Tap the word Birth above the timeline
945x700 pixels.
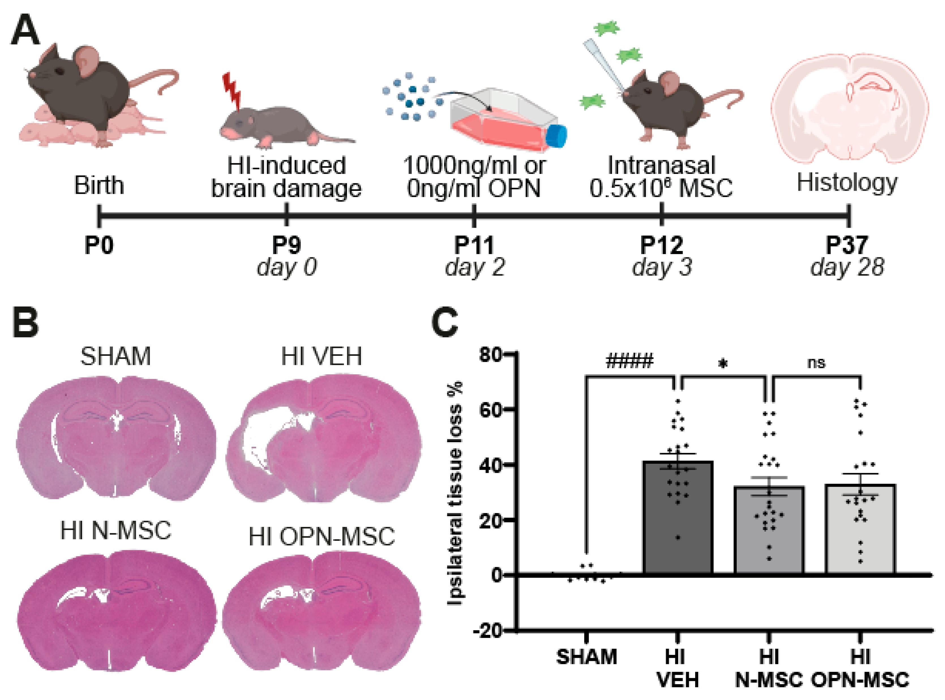click(99, 185)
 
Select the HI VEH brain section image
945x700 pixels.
click(323, 439)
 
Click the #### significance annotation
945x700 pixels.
click(630, 361)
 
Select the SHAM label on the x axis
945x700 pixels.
click(586, 657)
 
